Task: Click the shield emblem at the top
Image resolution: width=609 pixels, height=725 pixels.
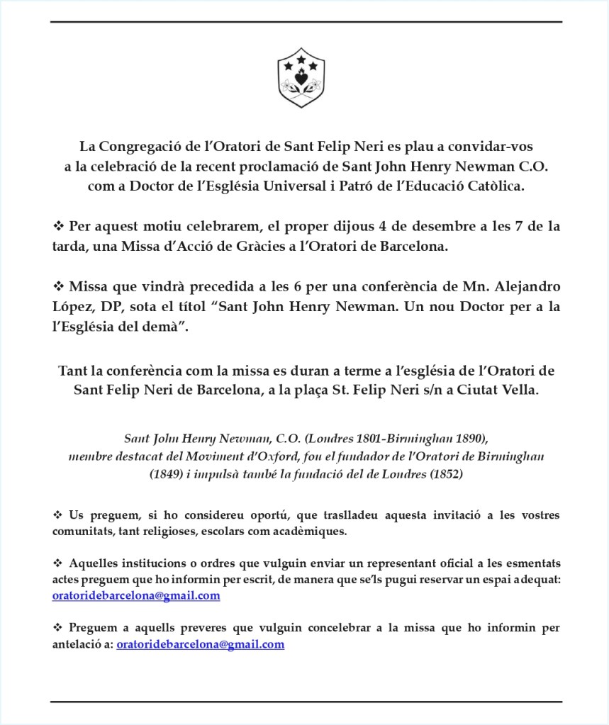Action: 301,77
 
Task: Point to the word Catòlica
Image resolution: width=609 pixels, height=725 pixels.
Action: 496,186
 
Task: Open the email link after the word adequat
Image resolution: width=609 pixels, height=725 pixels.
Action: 136,596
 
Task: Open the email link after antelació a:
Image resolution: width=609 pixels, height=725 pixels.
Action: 200,644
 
